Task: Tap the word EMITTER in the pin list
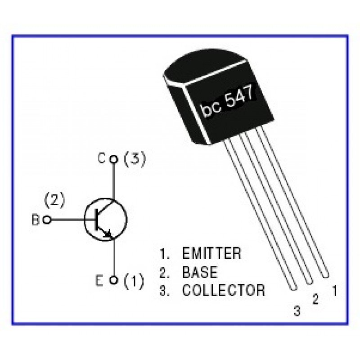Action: tap(211, 253)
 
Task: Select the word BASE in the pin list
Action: tap(199, 272)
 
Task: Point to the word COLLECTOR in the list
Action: tap(223, 290)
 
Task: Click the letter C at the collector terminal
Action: tap(102, 158)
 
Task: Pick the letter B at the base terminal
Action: tap(35, 220)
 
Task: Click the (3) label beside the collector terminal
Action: tap(135, 159)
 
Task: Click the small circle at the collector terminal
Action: tap(114, 159)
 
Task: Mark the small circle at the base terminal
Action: tap(47, 220)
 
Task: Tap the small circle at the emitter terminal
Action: tap(114, 280)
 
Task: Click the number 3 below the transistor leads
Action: tap(297, 310)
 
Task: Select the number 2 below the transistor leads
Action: tap(315, 299)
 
